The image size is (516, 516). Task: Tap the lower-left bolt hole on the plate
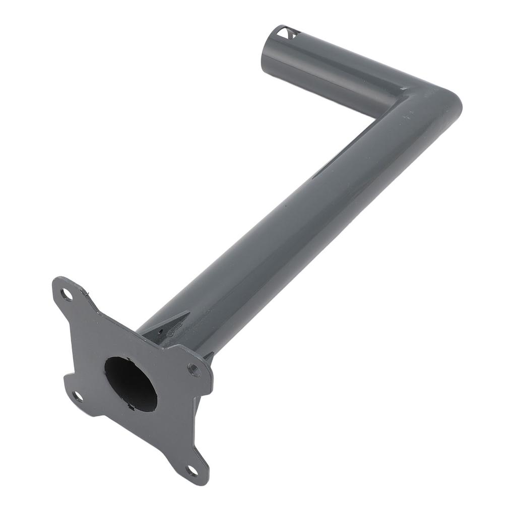(x=77, y=396)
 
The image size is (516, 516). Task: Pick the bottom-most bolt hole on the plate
(x=192, y=471)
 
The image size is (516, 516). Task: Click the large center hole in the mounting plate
(x=131, y=383)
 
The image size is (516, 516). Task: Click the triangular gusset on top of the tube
(x=169, y=325)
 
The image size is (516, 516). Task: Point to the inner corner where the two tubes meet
(x=375, y=119)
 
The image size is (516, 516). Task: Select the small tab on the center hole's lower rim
(x=132, y=407)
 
